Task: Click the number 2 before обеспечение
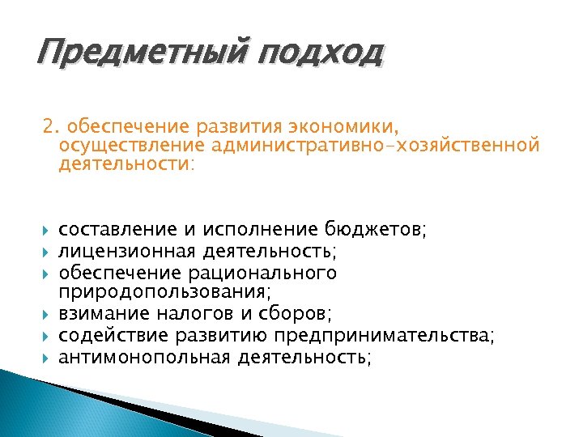(x=49, y=127)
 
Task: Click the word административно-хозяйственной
(x=374, y=146)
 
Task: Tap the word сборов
(x=301, y=312)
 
